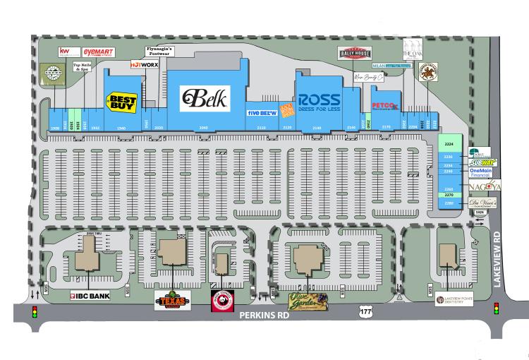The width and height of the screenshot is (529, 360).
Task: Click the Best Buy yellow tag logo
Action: [121, 102]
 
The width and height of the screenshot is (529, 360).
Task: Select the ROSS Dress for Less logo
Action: [320, 102]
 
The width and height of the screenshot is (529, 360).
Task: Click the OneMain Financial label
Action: [484, 172]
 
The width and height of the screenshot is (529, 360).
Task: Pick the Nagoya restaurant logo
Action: [485, 186]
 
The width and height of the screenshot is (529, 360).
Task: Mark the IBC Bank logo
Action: [89, 296]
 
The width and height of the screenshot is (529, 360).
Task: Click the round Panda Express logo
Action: [223, 301]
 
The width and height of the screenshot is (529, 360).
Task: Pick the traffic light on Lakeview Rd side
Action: [496, 308]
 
